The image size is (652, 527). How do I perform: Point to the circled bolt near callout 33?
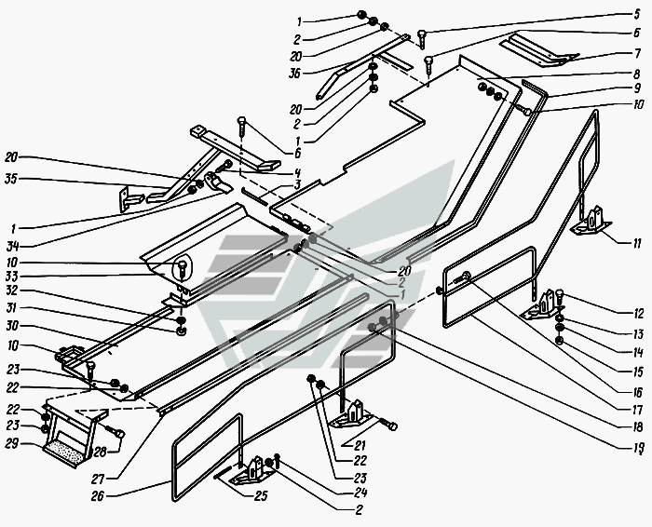(182, 270)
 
